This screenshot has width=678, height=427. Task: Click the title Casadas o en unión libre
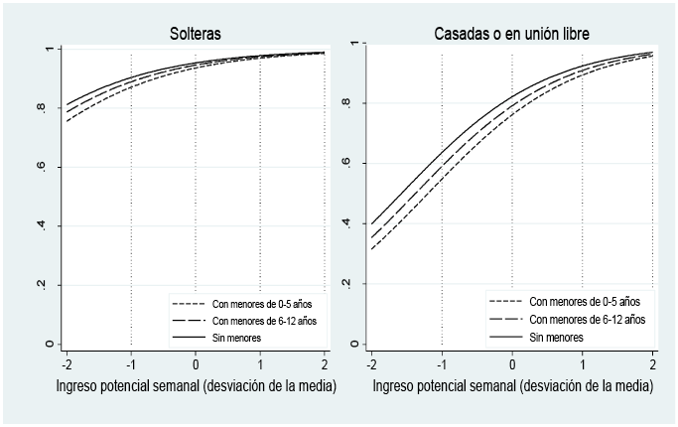511,34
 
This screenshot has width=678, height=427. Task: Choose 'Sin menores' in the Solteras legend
237,339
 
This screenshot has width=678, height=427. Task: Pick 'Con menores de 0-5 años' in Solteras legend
263,303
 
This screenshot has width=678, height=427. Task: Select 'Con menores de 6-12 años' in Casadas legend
587,319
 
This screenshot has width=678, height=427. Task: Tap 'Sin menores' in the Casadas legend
556,338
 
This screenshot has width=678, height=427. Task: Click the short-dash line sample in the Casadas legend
505,300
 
